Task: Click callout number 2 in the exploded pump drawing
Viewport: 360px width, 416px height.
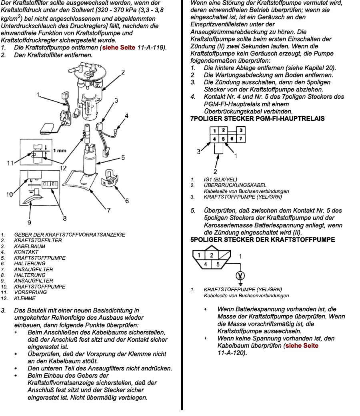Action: (123, 72)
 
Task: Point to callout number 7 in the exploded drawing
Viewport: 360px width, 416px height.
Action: (108, 210)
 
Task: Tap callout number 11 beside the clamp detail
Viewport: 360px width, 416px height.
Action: (10, 163)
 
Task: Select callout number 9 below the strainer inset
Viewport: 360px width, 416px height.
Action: (29, 222)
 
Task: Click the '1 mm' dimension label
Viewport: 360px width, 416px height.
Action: (59, 151)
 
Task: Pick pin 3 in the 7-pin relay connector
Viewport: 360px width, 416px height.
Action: (241, 131)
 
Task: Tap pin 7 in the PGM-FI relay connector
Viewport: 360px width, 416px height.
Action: (241, 139)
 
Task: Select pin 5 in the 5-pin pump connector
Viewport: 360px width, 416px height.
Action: (218, 264)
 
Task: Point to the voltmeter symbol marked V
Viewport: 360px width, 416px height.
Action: (240, 275)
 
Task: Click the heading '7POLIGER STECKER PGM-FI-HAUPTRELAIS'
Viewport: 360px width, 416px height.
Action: (258, 119)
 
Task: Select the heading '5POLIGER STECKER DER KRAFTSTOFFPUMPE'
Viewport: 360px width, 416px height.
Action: (263, 240)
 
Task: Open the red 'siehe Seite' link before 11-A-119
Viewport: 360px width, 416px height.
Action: (119, 48)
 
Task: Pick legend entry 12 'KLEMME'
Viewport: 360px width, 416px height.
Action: (25, 298)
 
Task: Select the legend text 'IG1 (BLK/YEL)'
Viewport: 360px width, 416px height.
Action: (220, 180)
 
